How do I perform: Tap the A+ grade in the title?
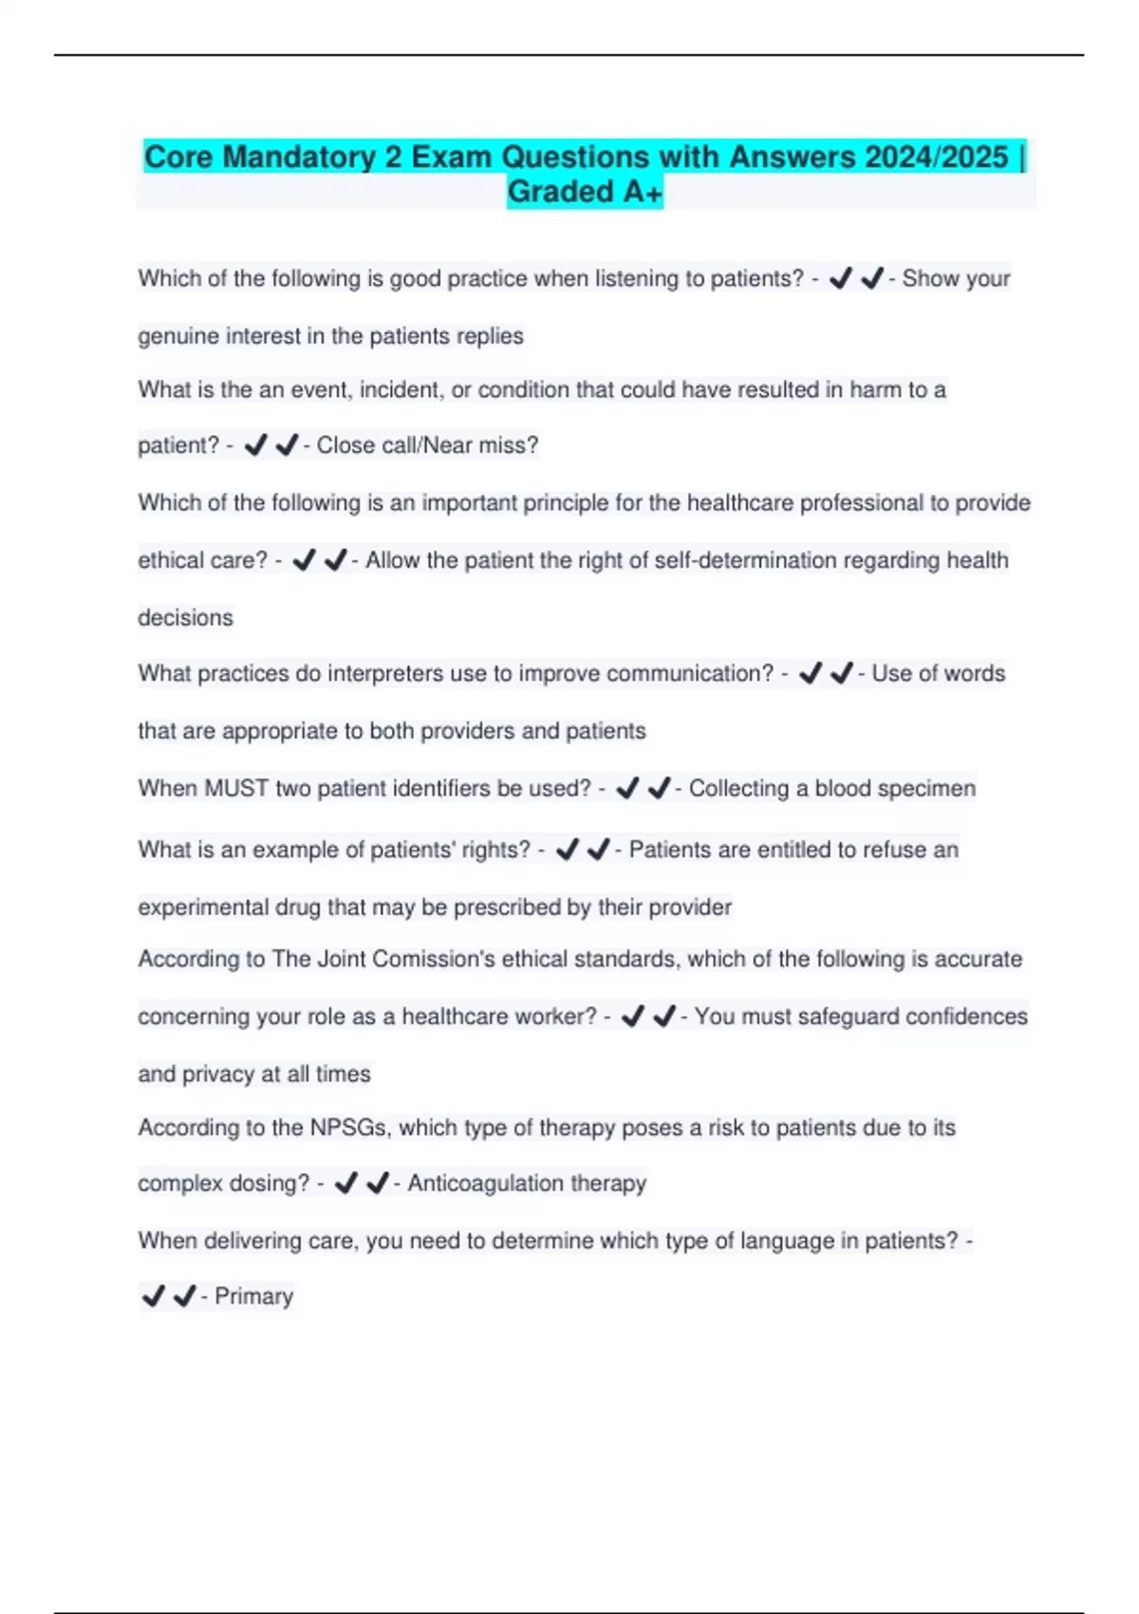coord(642,192)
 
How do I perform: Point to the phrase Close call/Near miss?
coord(426,445)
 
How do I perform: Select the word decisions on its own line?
coord(185,618)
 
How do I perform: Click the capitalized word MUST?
coord(236,788)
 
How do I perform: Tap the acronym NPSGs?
coord(348,1128)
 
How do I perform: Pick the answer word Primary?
coord(253,1296)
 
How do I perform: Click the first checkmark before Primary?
coord(153,1296)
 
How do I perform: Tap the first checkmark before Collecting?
coord(627,788)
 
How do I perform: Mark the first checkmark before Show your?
coord(840,279)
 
